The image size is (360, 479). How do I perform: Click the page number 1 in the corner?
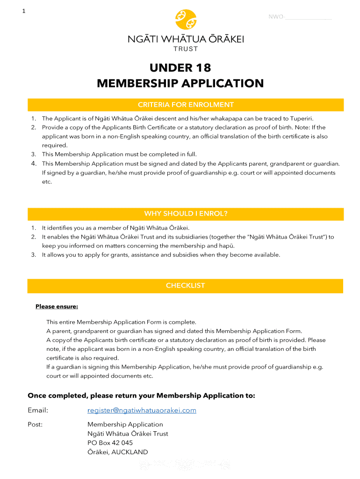pyautogui.click(x=23, y=12)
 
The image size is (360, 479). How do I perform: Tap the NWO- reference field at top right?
pyautogui.click(x=300, y=17)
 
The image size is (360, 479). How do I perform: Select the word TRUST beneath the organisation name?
pyautogui.click(x=186, y=49)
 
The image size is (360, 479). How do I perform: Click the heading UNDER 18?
pyautogui.click(x=180, y=68)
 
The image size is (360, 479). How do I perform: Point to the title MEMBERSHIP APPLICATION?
pyautogui.click(x=180, y=83)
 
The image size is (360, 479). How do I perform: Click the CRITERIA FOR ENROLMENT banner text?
pyautogui.click(x=186, y=105)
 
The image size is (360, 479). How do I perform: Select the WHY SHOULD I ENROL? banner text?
pyautogui.click(x=186, y=214)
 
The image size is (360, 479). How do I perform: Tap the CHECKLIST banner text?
pyautogui.click(x=186, y=286)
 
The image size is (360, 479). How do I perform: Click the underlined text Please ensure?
pyautogui.click(x=57, y=307)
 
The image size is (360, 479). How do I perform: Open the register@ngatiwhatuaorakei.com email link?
pyautogui.click(x=142, y=410)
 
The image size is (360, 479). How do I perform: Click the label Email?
pyautogui.click(x=38, y=410)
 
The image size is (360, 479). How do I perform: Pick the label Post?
pyautogui.click(x=36, y=424)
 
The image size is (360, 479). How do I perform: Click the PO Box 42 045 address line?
pyautogui.click(x=110, y=443)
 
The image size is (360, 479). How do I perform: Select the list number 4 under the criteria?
pyautogui.click(x=34, y=163)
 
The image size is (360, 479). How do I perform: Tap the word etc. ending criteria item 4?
pyautogui.click(x=47, y=181)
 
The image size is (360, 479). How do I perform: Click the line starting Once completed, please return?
pyautogui.click(x=141, y=396)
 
